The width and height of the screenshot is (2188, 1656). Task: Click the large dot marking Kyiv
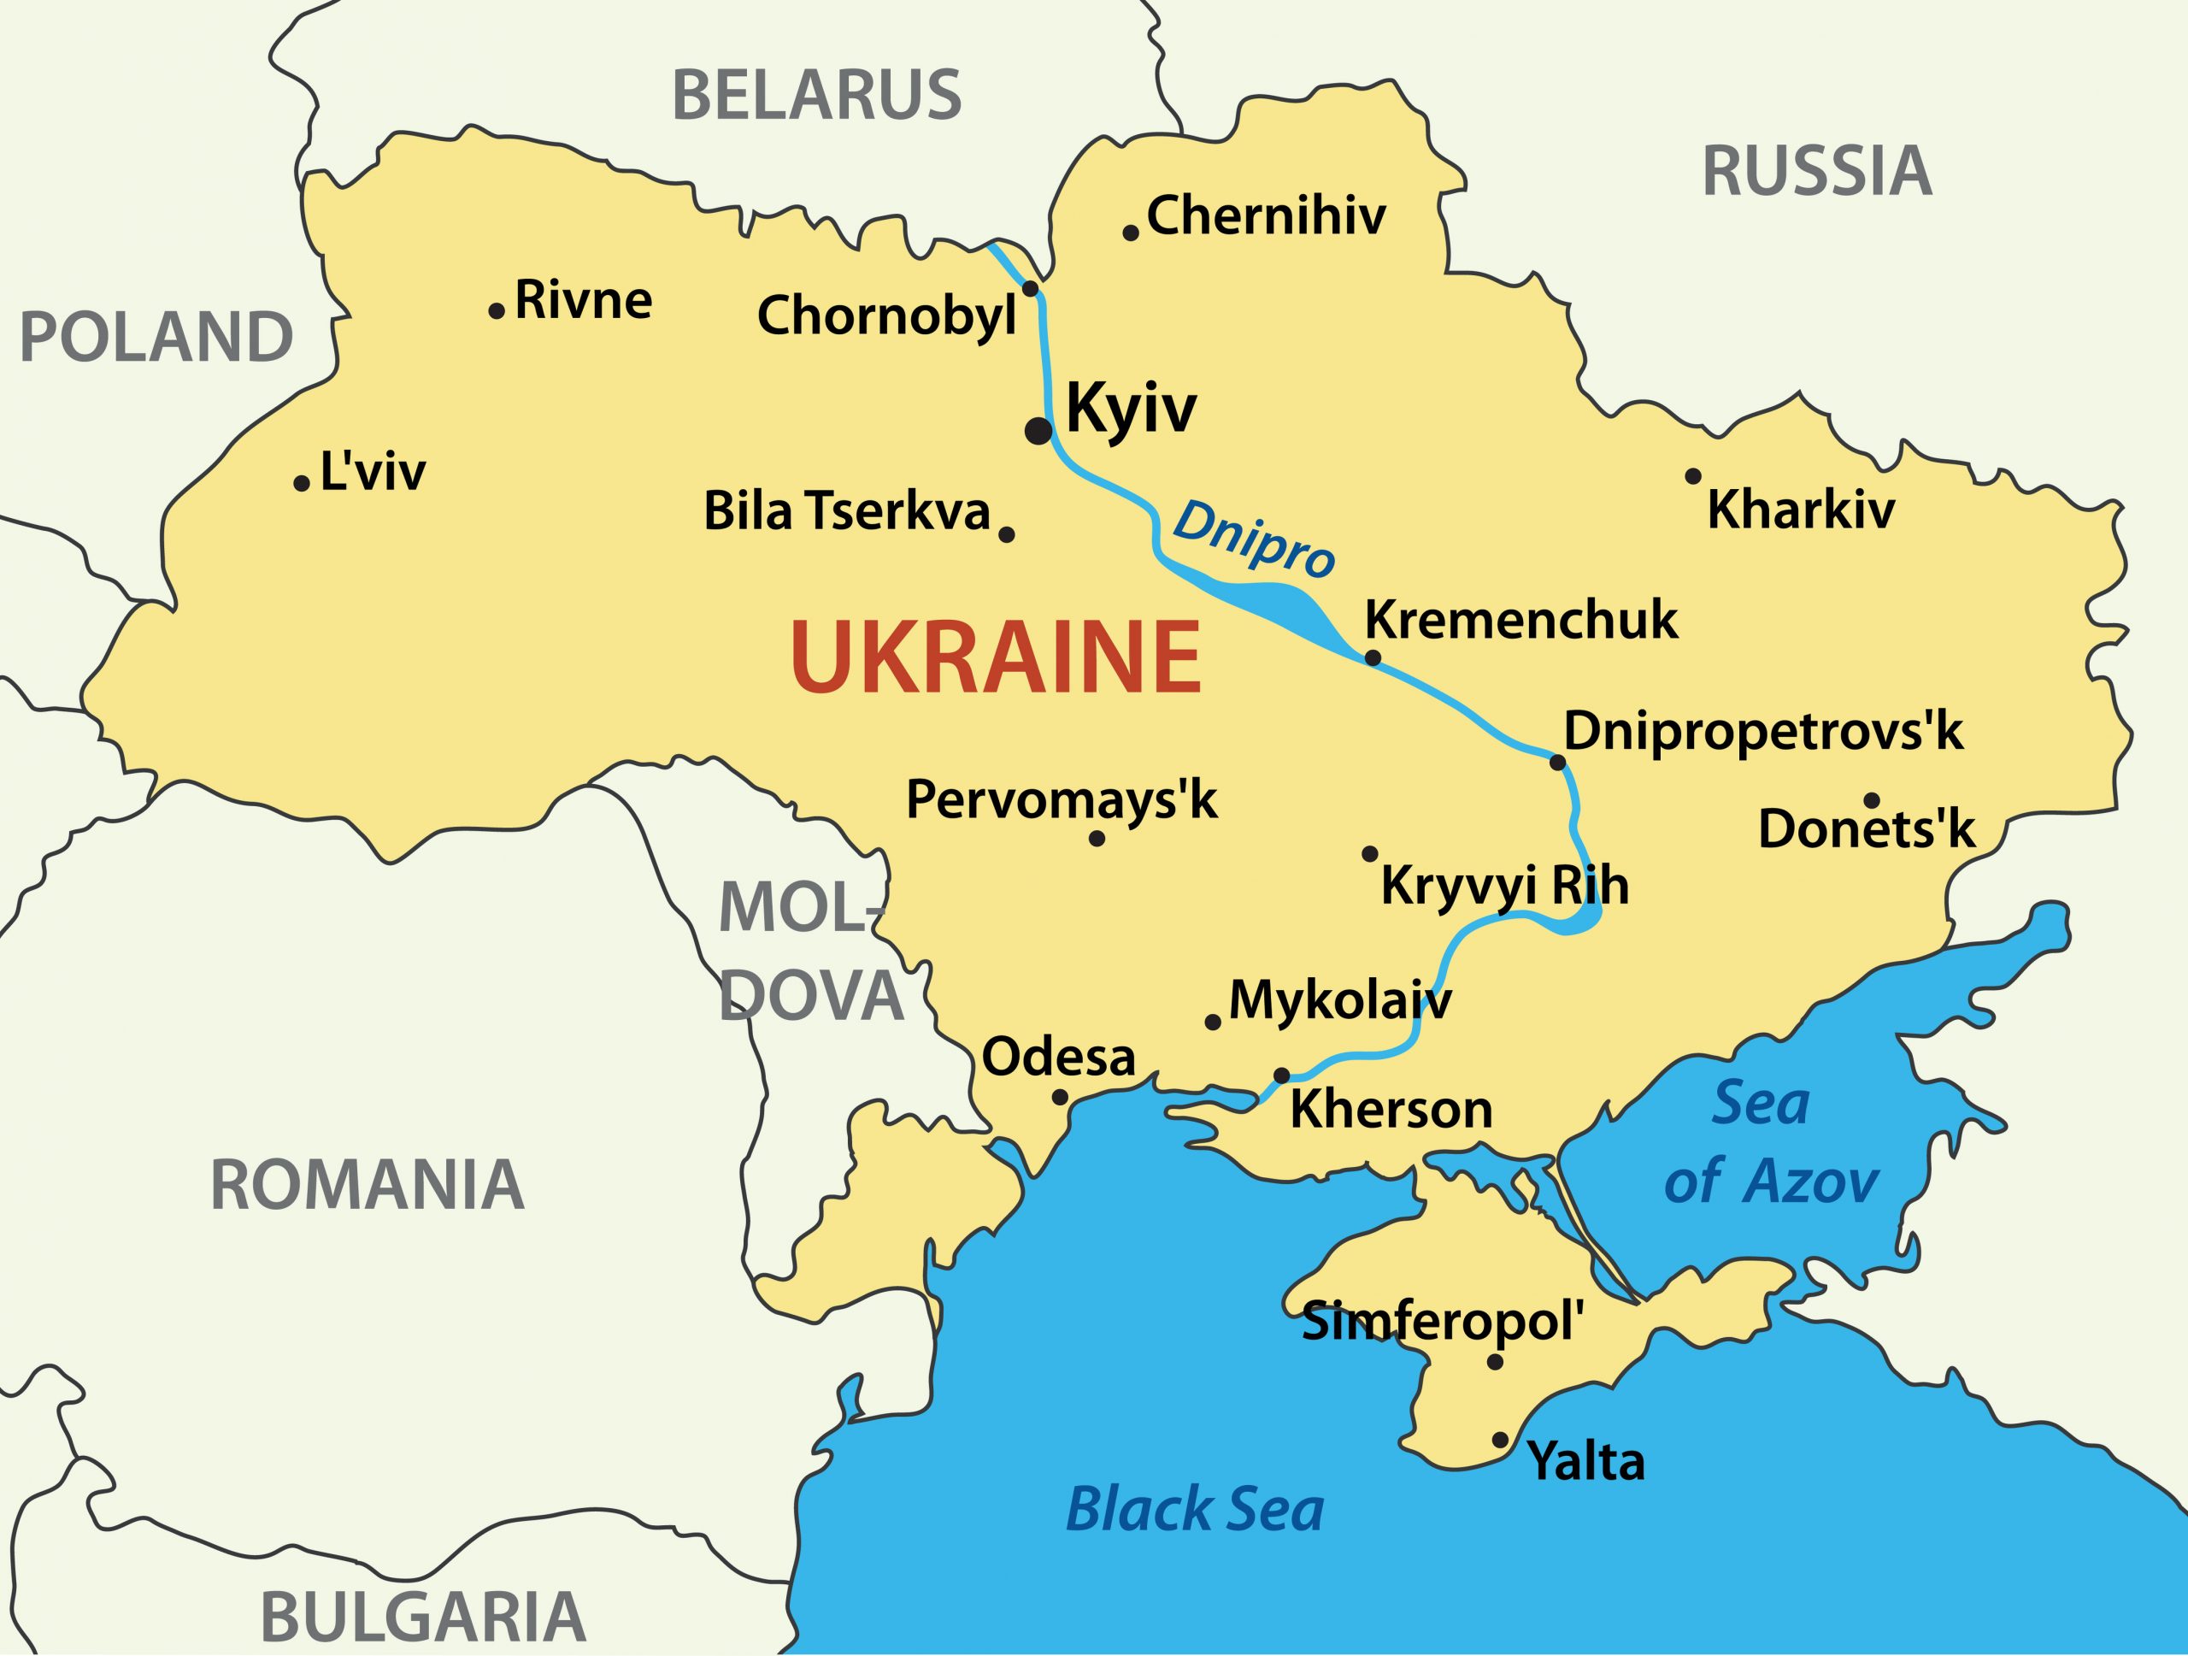(1038, 430)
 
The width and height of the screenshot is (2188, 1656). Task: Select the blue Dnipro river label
(1253, 540)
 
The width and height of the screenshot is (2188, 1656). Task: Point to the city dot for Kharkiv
(1693, 476)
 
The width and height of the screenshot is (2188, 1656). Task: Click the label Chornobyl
(886, 316)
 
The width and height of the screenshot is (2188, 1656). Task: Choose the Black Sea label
(1194, 1510)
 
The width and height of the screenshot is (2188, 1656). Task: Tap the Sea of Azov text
(1769, 1142)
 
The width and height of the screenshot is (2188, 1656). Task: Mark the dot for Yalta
(1500, 1440)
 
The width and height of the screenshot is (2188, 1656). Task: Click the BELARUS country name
(816, 96)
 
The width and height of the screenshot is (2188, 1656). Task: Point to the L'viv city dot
(302, 483)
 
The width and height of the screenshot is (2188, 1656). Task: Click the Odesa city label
(1058, 1057)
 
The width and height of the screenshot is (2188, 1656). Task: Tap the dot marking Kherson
(1281, 1076)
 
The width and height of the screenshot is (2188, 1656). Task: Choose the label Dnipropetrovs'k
(1762, 732)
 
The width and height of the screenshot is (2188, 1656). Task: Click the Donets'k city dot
(1872, 800)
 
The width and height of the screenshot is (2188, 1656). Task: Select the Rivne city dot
(497, 310)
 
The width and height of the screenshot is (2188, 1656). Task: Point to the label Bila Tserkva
(847, 512)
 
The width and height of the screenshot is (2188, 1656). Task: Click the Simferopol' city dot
(1496, 1362)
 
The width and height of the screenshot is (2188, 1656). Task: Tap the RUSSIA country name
(1816, 171)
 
